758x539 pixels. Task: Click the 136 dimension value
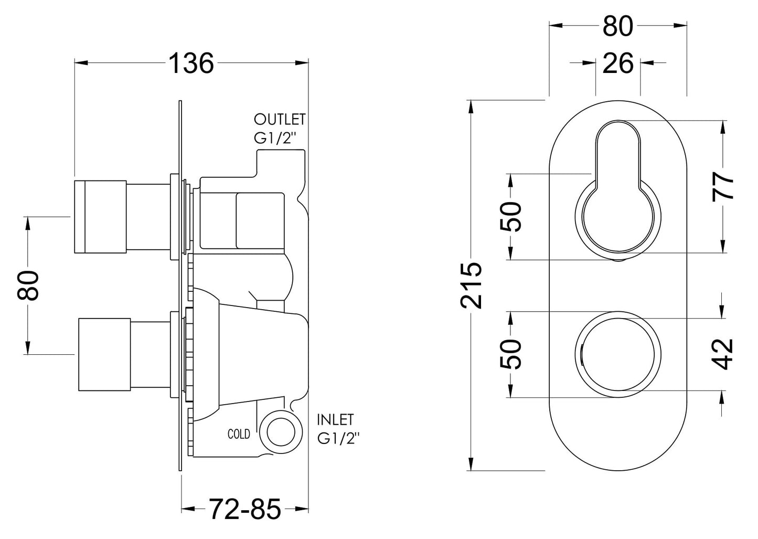click(x=191, y=64)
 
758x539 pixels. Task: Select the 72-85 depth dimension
click(x=245, y=508)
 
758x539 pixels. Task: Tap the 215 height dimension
click(x=471, y=284)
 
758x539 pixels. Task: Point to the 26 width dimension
click(x=618, y=64)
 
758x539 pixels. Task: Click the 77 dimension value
click(x=723, y=186)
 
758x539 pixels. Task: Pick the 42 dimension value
click(x=723, y=354)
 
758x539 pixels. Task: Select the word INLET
click(x=336, y=420)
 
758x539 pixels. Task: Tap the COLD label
click(x=239, y=434)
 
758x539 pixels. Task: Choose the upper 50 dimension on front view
click(x=510, y=216)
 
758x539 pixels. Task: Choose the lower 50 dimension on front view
click(x=510, y=354)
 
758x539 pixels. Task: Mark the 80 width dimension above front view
click(x=618, y=26)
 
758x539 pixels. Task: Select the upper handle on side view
click(x=100, y=217)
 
